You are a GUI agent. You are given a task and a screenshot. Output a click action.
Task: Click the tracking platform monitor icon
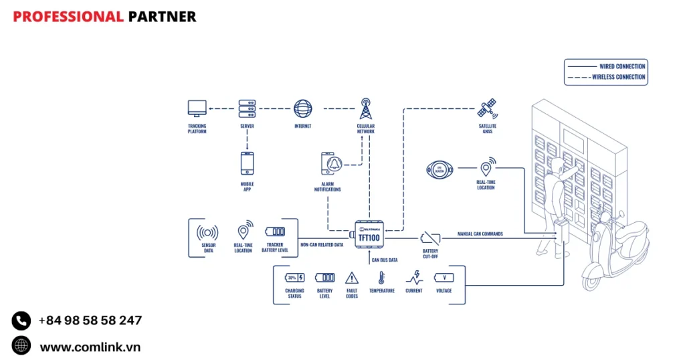197,108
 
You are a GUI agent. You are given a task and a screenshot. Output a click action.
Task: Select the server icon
248,108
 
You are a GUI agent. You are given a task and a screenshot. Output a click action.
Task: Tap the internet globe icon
302,108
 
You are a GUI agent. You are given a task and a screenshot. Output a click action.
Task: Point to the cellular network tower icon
365,108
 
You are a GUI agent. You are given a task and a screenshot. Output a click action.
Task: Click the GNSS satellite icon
487,108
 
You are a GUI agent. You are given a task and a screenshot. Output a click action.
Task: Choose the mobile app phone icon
248,163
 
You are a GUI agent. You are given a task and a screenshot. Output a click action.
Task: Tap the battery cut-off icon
430,237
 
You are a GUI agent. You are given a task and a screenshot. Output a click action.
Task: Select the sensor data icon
207,233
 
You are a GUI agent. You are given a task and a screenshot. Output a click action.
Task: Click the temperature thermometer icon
381,278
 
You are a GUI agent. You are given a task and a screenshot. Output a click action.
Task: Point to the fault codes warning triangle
352,278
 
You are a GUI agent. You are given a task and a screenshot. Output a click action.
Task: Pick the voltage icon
444,278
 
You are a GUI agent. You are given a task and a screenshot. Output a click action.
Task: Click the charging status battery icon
294,278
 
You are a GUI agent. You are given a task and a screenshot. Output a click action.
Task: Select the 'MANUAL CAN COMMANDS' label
480,234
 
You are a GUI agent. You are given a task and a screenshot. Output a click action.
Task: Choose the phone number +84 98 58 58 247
90,321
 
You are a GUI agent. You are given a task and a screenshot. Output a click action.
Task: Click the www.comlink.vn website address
90,347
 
